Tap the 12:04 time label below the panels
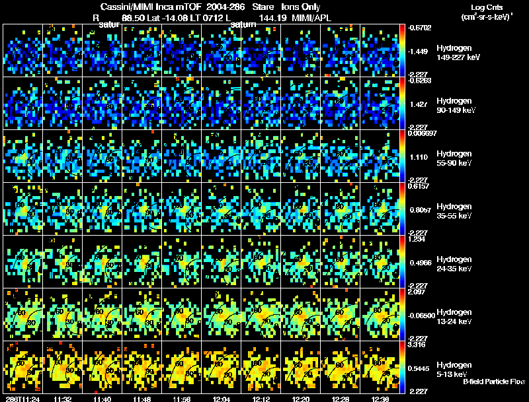(213, 399)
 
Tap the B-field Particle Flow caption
(494, 382)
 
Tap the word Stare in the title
(263, 7)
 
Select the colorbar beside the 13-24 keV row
(403, 314)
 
